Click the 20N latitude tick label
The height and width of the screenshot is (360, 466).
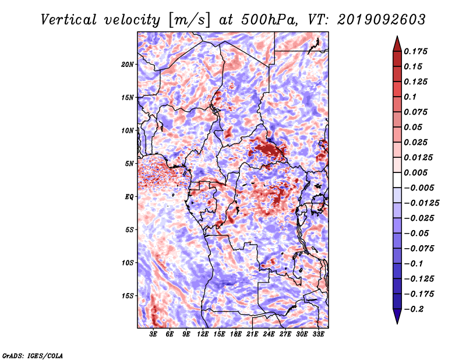128,65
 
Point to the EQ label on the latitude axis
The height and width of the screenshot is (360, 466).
129,197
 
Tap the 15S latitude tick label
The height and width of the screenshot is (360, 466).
128,296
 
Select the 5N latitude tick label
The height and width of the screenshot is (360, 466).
129,164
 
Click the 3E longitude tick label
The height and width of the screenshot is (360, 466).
153,334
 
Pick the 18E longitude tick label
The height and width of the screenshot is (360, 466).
236,334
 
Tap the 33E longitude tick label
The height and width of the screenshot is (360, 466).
318,334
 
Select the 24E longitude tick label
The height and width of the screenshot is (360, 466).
269,334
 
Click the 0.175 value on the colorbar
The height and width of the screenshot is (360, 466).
415,51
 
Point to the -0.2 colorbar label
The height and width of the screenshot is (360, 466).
414,309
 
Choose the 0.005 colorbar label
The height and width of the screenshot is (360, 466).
415,172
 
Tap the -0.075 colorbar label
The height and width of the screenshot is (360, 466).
419,249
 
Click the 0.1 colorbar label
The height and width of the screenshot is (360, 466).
410,97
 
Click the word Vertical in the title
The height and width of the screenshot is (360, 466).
69,20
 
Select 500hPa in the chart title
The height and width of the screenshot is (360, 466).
269,20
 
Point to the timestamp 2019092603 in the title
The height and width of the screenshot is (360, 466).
382,20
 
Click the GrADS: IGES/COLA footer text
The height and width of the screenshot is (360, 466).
33,356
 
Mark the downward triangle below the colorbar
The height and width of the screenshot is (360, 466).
397,316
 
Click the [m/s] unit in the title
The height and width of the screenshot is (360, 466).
189,20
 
